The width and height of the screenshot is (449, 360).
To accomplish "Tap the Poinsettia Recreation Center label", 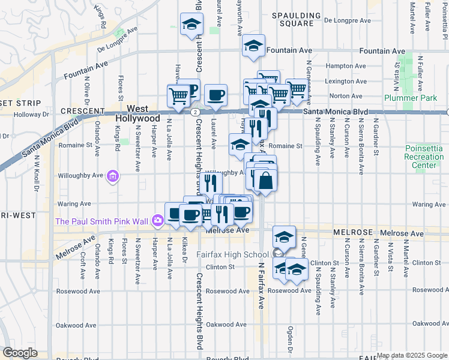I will [x=424, y=156].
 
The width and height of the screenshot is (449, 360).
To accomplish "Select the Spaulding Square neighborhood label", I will [x=292, y=19].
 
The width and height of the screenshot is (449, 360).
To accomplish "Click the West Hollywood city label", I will [x=137, y=114].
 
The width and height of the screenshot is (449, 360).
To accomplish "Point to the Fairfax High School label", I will [x=232, y=254].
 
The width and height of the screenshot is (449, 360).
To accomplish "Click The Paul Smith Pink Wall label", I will [x=101, y=221].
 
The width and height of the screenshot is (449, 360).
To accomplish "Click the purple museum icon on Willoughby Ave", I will [x=112, y=176].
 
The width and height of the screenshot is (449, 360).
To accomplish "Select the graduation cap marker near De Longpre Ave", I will [x=191, y=25].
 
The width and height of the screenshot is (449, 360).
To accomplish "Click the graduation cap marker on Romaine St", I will [x=240, y=145].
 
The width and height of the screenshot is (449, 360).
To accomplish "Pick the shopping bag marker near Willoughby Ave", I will [x=265, y=179].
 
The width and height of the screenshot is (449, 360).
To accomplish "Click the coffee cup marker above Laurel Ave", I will [x=215, y=95].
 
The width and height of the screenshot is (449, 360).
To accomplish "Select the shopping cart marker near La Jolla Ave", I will [x=178, y=96].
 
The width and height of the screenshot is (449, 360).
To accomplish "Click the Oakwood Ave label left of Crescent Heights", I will [x=76, y=325].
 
